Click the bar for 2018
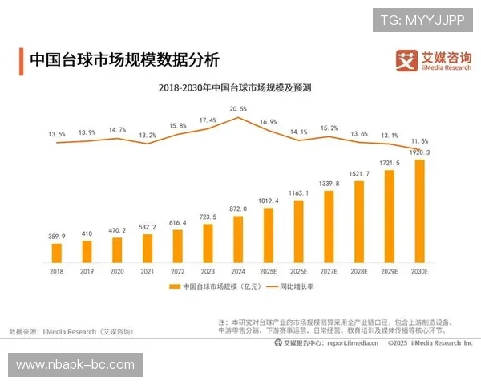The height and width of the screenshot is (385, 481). [x=57, y=253]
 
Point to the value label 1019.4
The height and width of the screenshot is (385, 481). [x=269, y=201]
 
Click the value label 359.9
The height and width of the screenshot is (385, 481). [x=57, y=237]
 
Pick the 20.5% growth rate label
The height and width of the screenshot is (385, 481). [x=238, y=108]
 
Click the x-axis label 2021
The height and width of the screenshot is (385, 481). [x=148, y=273]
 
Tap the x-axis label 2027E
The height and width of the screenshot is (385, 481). [x=329, y=273]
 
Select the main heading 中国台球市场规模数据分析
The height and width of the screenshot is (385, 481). [x=123, y=60]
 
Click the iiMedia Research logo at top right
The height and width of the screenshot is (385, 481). [x=433, y=60]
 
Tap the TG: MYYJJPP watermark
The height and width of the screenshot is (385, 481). [x=422, y=20]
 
